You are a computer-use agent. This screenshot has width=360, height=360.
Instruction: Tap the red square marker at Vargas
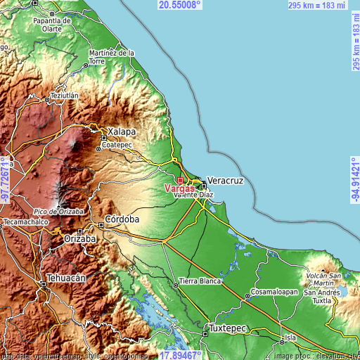[x=179, y=179]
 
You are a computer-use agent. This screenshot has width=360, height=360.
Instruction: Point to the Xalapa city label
[x=121, y=131]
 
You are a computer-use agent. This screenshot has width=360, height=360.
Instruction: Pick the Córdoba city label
[x=122, y=219]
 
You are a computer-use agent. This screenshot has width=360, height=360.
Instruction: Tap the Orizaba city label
[x=79, y=238]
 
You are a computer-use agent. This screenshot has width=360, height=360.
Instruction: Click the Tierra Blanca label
[x=200, y=281]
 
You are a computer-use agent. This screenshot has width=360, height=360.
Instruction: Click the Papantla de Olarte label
[x=51, y=25]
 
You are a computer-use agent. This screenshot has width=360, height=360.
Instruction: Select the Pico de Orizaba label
[x=58, y=211]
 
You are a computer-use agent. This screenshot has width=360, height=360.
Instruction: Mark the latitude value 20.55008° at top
[x=179, y=5]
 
